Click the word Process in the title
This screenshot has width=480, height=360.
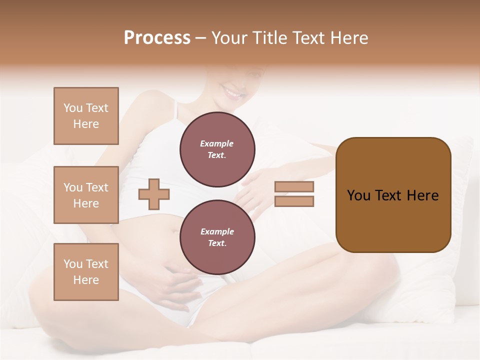pos(157,38)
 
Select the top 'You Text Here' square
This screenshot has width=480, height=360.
pos(86,116)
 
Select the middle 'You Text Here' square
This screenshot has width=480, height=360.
pos(86,195)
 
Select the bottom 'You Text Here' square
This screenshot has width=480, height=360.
pos(86,272)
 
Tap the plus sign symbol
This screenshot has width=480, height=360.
pos(154,194)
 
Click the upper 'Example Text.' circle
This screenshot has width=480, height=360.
pos(217,149)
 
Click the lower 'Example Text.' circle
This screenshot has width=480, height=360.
pos(217,237)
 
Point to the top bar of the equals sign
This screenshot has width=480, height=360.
pos(294,187)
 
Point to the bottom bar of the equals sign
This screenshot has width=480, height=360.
pos(294,201)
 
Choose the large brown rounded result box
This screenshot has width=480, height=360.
pos(393,194)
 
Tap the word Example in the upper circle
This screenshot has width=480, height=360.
pos(217,144)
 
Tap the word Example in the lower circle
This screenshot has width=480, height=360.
pos(217,232)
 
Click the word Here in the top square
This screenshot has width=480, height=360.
pos(86,124)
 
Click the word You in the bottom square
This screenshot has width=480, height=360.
pos(73,264)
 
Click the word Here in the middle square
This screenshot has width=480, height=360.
pos(86,203)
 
